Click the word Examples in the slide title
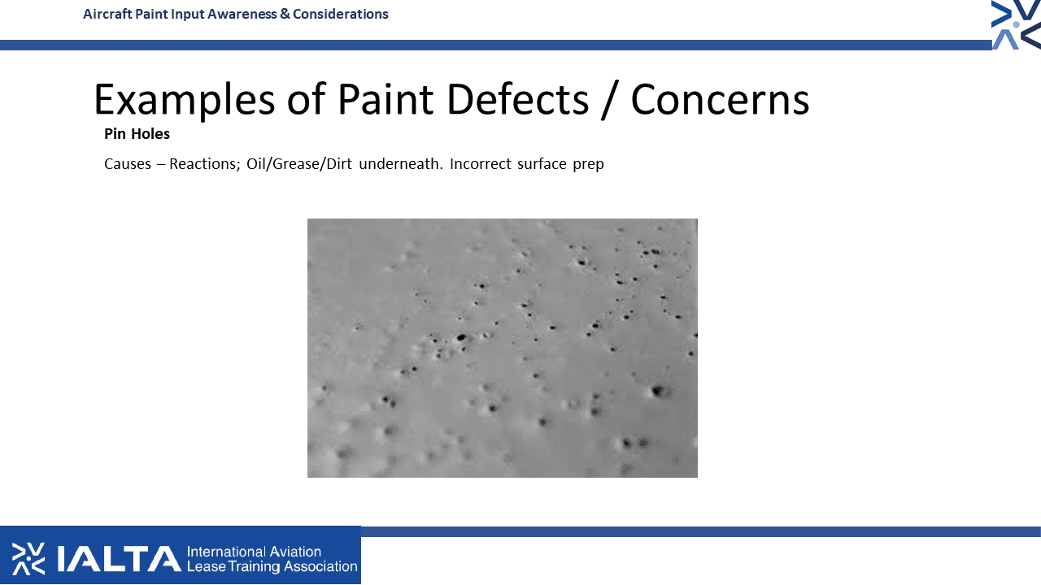click(x=185, y=100)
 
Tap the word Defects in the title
click(x=518, y=99)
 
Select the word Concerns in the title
click(x=720, y=100)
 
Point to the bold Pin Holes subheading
click(x=137, y=134)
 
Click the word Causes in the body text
click(x=128, y=164)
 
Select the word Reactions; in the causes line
click(x=204, y=164)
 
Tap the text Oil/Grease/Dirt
click(x=299, y=164)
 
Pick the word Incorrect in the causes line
click(x=480, y=164)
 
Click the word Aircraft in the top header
click(x=107, y=15)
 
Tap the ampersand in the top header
click(x=285, y=15)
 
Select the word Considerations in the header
click(x=341, y=15)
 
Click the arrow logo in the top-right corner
click(x=1016, y=24)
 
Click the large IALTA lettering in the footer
click(x=119, y=558)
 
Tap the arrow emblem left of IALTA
click(x=28, y=558)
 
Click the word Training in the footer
click(x=255, y=567)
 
